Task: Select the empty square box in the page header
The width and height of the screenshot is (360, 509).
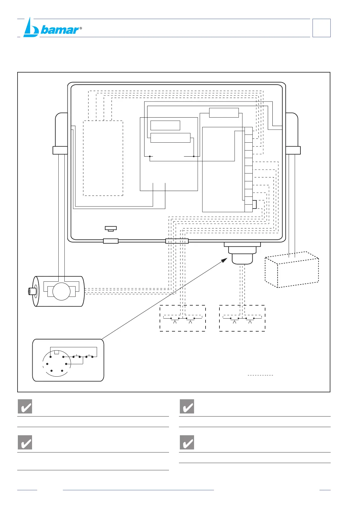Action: click(x=321, y=28)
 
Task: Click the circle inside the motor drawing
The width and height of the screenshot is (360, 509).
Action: click(x=61, y=291)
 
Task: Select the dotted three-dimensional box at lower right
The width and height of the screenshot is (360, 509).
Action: click(x=292, y=270)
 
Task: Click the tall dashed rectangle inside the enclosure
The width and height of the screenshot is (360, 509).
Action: click(x=103, y=158)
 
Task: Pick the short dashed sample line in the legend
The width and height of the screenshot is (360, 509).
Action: click(x=260, y=375)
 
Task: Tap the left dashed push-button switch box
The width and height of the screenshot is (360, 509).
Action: click(x=183, y=318)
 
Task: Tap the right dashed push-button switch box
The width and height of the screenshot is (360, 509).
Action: click(x=242, y=318)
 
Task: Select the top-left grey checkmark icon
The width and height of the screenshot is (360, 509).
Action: click(x=25, y=406)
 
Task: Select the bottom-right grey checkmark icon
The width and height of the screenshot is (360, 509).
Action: click(x=187, y=442)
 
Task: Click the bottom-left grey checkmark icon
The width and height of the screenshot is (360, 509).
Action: click(x=25, y=442)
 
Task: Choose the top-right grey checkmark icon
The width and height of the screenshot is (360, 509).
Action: click(x=187, y=406)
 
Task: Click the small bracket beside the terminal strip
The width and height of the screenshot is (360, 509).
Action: click(x=255, y=204)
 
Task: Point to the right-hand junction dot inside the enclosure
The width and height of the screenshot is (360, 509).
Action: click(x=194, y=156)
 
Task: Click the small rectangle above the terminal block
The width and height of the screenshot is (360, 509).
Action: click(x=224, y=112)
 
